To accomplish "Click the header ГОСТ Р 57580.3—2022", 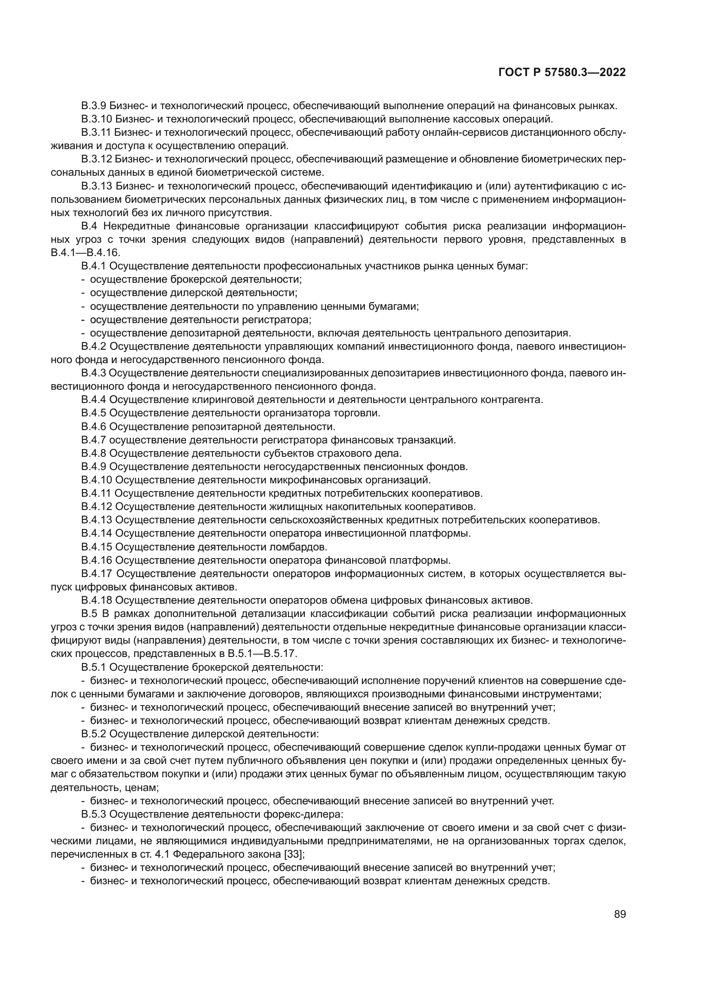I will pos(562,73).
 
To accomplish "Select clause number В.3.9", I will pos(94,106).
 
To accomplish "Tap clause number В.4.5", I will pos(94,413).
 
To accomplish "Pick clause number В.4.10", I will pos(97,480).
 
